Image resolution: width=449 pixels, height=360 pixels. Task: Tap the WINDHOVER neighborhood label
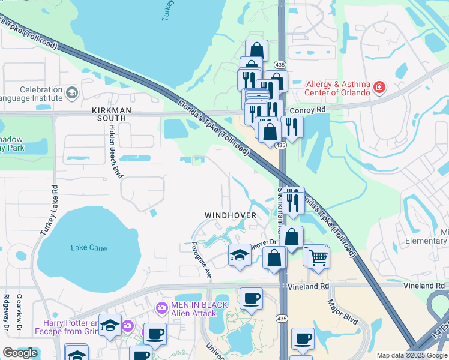pyautogui.click(x=231, y=215)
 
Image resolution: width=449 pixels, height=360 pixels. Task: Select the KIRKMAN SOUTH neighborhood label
pyautogui.click(x=109, y=114)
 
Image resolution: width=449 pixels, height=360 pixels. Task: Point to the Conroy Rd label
pyautogui.click(x=307, y=110)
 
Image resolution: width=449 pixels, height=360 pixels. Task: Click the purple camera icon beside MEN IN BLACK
pyautogui.click(x=161, y=308)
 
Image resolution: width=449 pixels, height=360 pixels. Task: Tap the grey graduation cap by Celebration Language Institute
pyautogui.click(x=72, y=92)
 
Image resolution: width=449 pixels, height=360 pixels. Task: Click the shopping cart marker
pyautogui.click(x=319, y=257)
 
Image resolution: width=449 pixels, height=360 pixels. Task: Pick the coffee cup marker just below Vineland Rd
pyautogui.click(x=251, y=298)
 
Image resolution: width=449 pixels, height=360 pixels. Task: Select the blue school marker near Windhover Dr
pyautogui.click(x=240, y=255)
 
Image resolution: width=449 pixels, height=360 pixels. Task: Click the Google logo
pyautogui.click(x=20, y=353)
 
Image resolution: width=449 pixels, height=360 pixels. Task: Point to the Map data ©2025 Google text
pyautogui.click(x=411, y=355)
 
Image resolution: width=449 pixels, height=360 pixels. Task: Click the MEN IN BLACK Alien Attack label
pyautogui.click(x=200, y=308)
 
